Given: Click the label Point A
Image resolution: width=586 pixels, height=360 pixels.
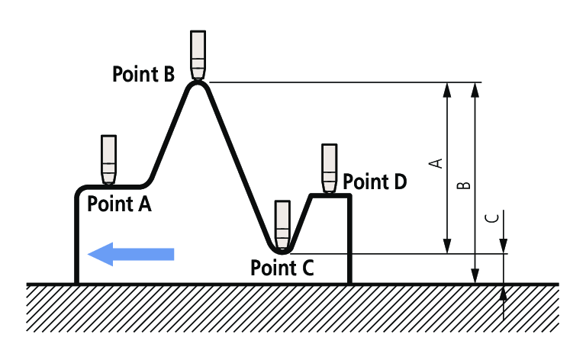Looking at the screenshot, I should click(x=120, y=204).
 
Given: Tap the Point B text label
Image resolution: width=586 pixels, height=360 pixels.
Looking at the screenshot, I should click(x=143, y=74).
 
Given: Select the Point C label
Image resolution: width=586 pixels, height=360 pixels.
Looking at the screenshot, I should click(x=282, y=268).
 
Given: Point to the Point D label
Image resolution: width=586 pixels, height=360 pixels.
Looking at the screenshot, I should click(x=375, y=182).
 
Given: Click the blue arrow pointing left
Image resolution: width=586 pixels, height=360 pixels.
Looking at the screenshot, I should click(x=131, y=254).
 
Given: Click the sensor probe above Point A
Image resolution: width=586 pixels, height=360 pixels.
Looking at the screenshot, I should click(x=108, y=159).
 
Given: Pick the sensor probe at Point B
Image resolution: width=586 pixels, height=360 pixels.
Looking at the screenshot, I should click(x=198, y=54).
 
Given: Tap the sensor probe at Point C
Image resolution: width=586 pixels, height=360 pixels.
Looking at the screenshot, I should click(x=283, y=224).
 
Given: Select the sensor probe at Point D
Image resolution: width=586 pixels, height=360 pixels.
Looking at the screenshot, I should click(x=330, y=168).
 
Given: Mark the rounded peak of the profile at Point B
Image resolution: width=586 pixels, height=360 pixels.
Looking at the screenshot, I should click(x=198, y=84).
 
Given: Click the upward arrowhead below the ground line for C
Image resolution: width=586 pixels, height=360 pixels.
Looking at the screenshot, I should click(x=504, y=294).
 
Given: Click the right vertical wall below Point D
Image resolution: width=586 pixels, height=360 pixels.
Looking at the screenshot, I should click(x=349, y=240).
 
